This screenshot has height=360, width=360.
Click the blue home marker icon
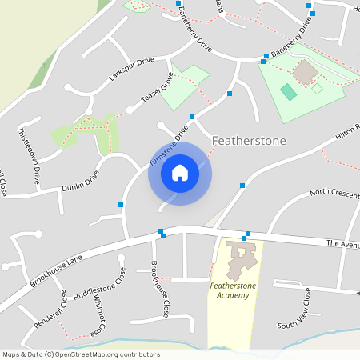coord(180,172)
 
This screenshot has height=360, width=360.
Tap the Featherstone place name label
coord(249,141)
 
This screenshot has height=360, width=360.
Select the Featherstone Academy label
coord(229,290)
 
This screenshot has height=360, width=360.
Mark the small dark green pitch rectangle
coord(288,91)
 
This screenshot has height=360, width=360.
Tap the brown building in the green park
coord(305,73)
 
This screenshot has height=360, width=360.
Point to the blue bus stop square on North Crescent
coord(242,186)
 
